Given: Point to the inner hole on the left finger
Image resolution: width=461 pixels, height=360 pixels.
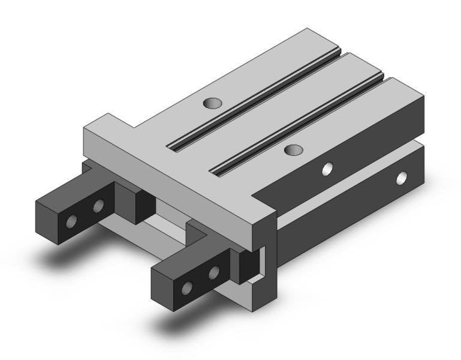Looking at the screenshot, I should [x=98, y=208].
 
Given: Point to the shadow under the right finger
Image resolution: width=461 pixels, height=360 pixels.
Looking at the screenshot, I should [x=180, y=324].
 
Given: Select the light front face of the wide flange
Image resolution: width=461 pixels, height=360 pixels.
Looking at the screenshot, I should [x=174, y=180].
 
